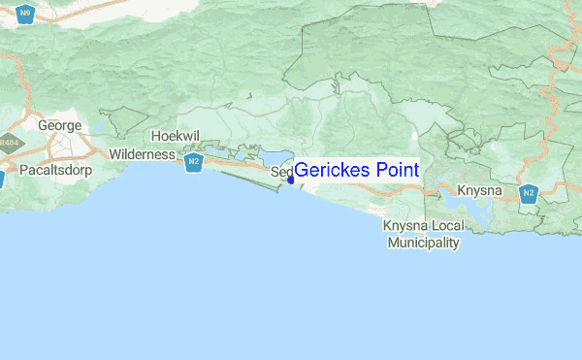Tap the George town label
[57, 125]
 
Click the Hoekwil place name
[176, 136]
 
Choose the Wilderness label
[142, 154]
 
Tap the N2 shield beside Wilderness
[195, 162]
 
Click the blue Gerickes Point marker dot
[291, 179]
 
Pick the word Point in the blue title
[398, 171]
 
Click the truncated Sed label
[280, 174]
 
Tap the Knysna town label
[479, 190]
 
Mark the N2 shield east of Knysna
[529, 194]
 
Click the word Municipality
[423, 243]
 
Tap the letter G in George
[43, 125]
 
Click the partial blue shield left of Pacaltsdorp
[2, 179]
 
